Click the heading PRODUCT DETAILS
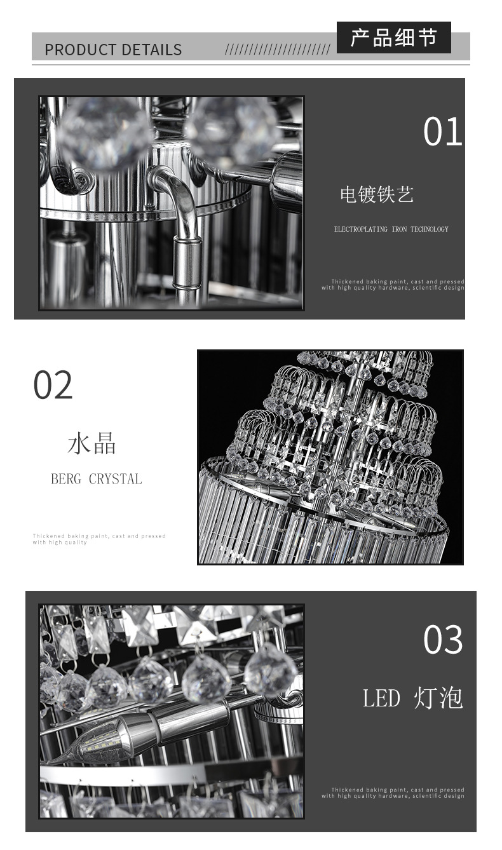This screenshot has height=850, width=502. [113, 50]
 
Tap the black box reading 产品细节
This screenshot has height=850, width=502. [393, 37]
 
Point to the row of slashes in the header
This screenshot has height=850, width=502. [278, 50]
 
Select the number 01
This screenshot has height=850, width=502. [442, 132]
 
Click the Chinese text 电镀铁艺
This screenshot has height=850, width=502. [377, 194]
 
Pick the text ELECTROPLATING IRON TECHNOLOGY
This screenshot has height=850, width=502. [391, 229]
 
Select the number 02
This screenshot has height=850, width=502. [53, 385]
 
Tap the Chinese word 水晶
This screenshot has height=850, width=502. [92, 443]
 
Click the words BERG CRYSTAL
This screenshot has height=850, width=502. [97, 479]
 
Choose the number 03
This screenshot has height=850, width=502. [443, 639]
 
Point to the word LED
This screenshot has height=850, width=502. [381, 698]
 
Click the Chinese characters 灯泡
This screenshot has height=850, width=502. [438, 698]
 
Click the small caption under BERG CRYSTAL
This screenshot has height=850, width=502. [99, 539]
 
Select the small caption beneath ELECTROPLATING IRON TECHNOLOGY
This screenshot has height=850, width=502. [393, 285]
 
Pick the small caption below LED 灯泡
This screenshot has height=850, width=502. [393, 793]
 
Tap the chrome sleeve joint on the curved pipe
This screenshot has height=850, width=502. [186, 262]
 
